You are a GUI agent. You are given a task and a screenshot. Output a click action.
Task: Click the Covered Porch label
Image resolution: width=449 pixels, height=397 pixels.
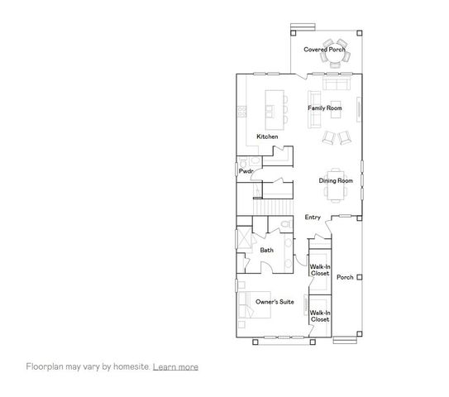click(324, 50)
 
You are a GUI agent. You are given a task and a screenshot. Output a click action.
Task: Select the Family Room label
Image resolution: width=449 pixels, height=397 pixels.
click(325, 108)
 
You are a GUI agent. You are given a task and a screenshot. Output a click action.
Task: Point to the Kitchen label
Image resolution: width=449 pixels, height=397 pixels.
click(267, 136)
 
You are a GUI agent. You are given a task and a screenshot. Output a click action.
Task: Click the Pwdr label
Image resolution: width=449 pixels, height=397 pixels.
click(246, 171)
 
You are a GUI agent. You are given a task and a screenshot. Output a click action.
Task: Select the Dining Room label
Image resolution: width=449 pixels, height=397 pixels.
click(336, 180)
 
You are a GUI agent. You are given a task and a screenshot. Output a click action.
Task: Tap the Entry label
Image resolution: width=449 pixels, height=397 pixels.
click(313, 218)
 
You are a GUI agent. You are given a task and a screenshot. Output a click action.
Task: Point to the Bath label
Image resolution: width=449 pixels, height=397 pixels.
click(267, 250)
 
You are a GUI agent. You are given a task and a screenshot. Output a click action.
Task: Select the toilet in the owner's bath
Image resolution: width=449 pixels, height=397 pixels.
click(283, 225)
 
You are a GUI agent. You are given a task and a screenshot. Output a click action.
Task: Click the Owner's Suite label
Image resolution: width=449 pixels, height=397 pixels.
click(275, 302)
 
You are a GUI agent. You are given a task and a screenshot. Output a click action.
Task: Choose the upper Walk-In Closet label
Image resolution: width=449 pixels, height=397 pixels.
click(320, 270)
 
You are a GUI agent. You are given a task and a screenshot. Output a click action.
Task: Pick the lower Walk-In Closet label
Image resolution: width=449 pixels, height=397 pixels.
click(320, 316)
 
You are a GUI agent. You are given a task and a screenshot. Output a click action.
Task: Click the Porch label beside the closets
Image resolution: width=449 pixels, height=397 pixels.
click(346, 277)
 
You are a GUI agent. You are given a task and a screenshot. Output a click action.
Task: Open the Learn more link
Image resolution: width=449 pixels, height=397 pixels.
click(175, 366)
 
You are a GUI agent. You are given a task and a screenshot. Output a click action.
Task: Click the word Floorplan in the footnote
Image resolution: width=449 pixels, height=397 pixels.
click(43, 366)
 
